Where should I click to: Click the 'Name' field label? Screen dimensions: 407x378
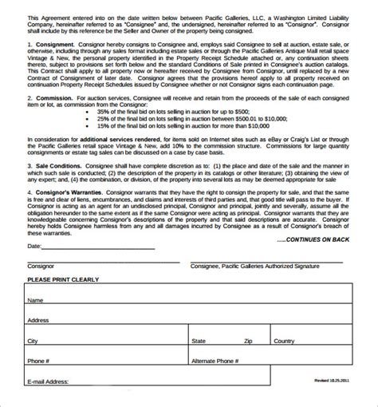(35, 302)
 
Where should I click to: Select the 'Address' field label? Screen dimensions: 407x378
(39, 321)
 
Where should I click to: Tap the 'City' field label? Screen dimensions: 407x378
(33, 341)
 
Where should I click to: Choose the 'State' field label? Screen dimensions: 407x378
(199, 341)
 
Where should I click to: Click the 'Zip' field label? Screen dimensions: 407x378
(248, 341)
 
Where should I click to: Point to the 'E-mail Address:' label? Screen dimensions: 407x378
(47, 382)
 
